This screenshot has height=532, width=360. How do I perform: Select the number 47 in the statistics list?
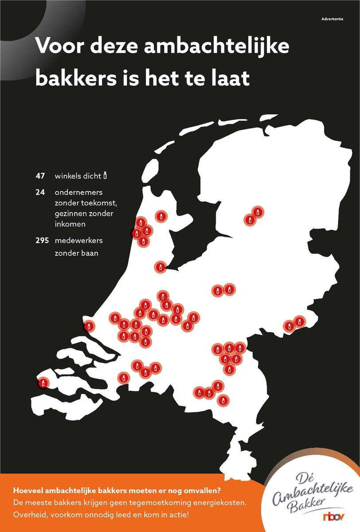coord(40,176)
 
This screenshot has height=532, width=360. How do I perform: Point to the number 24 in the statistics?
coord(40,193)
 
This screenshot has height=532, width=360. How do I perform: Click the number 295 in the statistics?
coord(42,241)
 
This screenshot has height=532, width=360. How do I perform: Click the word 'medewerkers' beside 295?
coord(79,241)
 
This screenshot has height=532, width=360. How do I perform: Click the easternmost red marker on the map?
coord(300,321)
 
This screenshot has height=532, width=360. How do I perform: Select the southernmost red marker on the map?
coord(223,400)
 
